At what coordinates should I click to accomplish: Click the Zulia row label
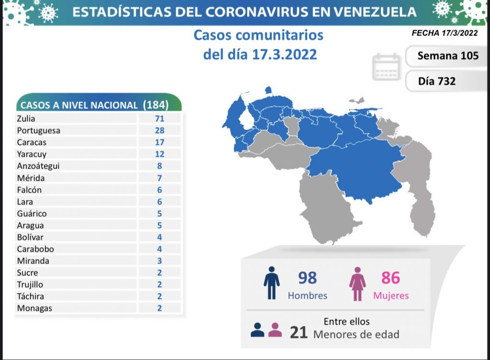click(26, 119)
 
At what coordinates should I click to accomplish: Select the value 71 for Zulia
click(159, 119)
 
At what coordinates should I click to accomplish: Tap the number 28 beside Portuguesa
click(159, 131)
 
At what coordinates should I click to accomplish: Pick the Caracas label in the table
click(31, 142)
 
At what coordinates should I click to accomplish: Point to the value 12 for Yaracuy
click(159, 154)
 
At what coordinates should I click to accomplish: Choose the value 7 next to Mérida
click(159, 178)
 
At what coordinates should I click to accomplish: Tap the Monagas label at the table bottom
click(34, 308)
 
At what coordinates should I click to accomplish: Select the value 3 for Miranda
click(159, 261)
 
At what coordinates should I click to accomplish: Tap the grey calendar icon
click(386, 67)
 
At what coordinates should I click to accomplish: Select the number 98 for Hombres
click(307, 278)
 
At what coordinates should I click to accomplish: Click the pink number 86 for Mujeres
click(390, 278)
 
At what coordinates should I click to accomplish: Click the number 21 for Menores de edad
click(299, 332)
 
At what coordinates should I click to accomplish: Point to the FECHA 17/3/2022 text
click(445, 33)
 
